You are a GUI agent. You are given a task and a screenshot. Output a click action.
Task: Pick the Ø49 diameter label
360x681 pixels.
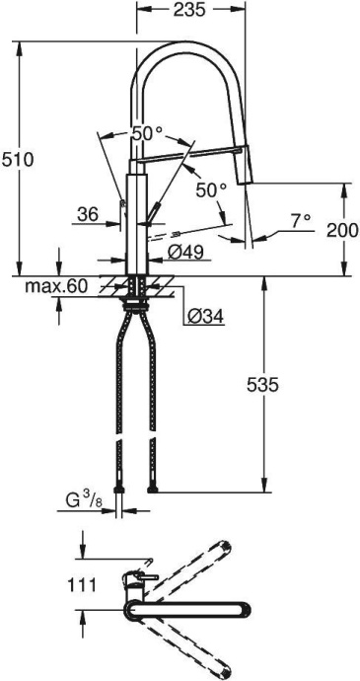coord(185,253)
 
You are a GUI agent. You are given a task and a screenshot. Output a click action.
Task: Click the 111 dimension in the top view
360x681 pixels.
coord(82,585)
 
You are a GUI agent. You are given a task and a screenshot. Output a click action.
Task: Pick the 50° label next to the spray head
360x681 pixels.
coord(211,189)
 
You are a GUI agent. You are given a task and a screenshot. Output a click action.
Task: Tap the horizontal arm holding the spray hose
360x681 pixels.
coord(187,153)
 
